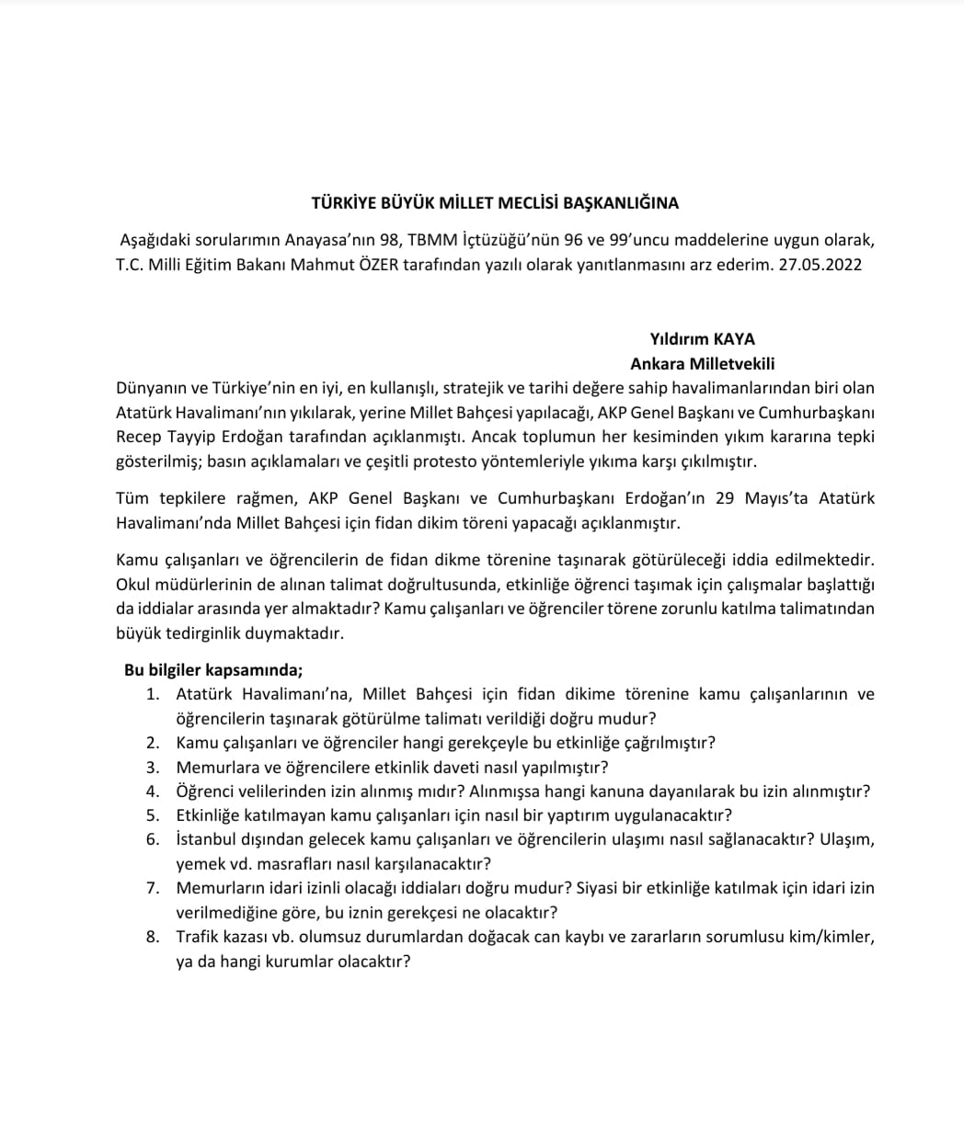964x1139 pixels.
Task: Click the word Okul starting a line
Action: click(x=133, y=585)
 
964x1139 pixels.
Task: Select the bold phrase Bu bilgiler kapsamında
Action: click(x=213, y=669)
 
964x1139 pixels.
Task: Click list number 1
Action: click(x=154, y=694)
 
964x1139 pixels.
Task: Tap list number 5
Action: click(x=154, y=815)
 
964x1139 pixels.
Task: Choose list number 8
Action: click(x=154, y=937)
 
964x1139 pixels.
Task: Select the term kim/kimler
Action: click(x=824, y=937)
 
